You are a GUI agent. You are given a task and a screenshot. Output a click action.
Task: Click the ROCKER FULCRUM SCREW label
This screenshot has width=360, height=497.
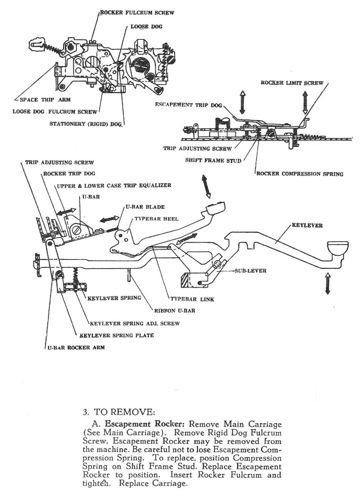[137, 13]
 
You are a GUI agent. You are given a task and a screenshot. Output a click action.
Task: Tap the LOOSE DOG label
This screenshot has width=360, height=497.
[146, 27]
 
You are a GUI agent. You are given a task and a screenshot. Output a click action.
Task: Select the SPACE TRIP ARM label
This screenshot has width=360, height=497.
[45, 100]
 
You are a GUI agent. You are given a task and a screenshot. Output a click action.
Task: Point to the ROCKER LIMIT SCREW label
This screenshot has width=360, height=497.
[292, 83]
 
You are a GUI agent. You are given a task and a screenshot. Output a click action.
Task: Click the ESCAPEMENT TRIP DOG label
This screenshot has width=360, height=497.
[188, 105]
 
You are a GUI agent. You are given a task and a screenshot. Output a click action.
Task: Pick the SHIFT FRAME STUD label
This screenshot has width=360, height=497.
[213, 161]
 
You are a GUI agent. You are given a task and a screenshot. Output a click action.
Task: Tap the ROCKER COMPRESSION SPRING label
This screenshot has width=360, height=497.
[300, 174]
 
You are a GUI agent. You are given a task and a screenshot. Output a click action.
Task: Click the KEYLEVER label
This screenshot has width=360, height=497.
[307, 226]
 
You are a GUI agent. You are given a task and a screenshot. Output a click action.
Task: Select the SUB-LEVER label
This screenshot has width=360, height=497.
[250, 271]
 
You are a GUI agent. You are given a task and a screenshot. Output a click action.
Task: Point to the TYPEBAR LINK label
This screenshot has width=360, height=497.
[192, 299]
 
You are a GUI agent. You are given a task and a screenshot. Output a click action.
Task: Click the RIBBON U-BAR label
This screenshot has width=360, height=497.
[175, 310]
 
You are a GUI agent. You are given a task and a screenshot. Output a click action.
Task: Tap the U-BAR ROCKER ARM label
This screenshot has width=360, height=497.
[76, 348]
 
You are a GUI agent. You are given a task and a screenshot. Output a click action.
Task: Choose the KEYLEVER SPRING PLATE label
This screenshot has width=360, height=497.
[116, 335]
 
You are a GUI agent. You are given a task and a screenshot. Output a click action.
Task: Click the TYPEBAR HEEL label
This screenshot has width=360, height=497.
[156, 219]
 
